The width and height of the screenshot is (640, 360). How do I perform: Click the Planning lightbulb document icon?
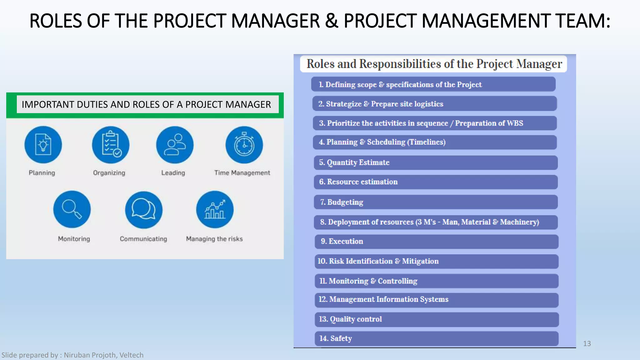coord(43,145)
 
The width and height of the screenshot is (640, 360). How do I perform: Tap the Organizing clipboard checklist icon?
coord(111,145)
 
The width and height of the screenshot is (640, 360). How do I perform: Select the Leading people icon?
coord(175,145)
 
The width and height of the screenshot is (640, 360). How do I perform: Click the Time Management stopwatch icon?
coord(244,145)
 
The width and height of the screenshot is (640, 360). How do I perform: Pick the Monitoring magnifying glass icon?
coord(72,209)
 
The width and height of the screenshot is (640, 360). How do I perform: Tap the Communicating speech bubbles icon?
coord(144,210)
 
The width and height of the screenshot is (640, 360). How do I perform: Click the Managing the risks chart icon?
coord(215,209)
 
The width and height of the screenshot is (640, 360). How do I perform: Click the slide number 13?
coord(587,343)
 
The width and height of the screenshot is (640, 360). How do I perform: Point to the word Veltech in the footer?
coord(132,355)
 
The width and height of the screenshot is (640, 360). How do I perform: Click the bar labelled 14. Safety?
coord(436,338)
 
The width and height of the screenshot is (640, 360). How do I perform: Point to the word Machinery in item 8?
coord(519,222)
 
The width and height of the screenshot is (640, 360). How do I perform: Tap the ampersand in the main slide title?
coord(332,21)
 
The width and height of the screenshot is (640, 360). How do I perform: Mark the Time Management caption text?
coord(242,173)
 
